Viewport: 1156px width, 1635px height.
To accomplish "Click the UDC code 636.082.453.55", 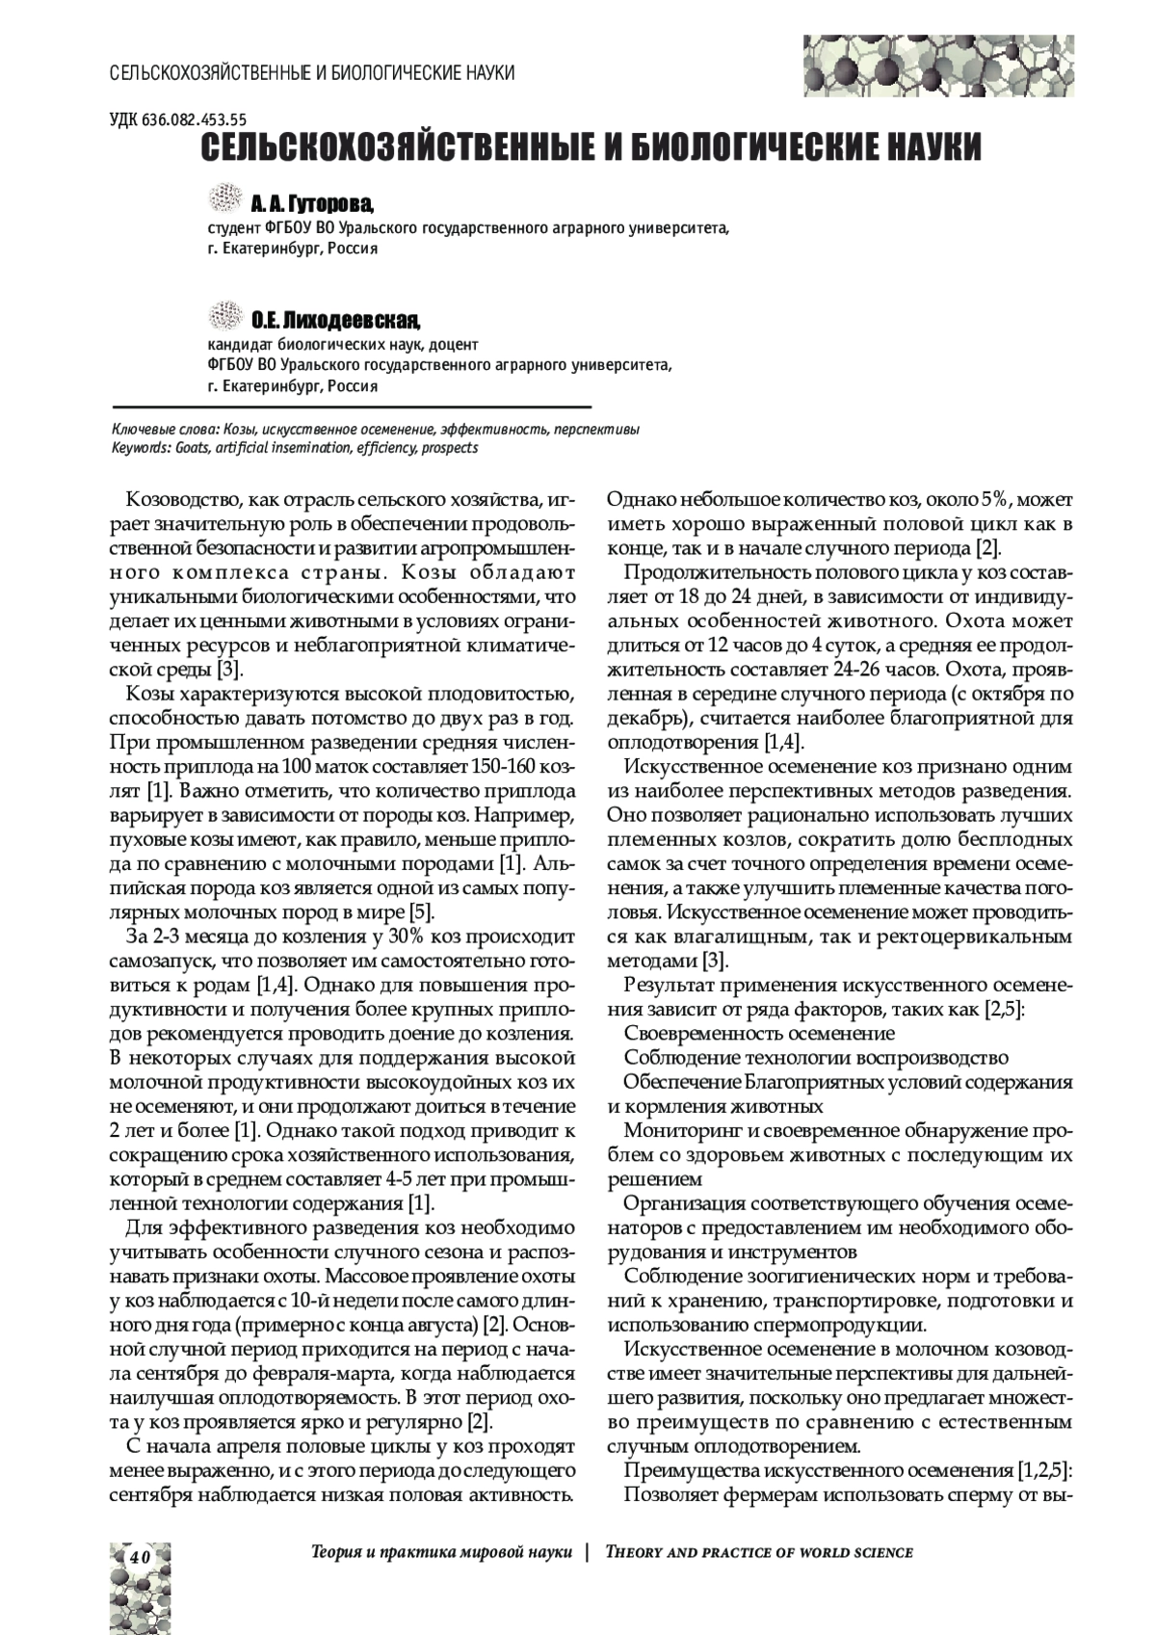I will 179,119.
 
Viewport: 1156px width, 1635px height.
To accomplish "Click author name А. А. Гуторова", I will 311,204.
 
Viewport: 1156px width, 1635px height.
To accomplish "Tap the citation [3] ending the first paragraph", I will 228,669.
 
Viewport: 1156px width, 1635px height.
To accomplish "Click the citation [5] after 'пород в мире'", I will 422,910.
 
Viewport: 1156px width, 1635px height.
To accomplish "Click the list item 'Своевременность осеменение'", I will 759,1033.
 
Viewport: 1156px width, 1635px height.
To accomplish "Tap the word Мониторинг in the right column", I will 678,1129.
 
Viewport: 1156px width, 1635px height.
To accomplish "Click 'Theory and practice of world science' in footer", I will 759,1552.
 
